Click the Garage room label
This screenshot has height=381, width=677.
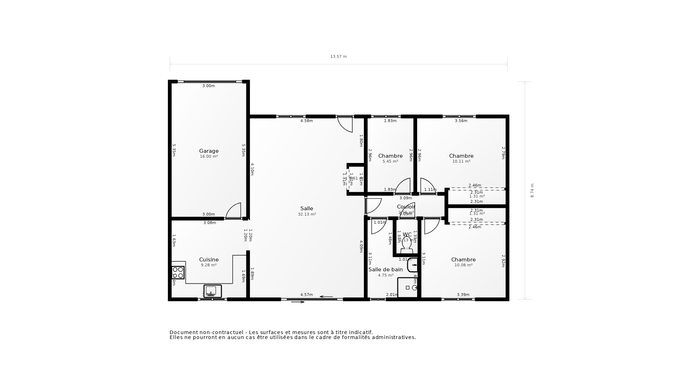[209, 151]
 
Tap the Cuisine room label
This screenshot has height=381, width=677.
[209, 260]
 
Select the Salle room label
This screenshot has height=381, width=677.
[307, 208]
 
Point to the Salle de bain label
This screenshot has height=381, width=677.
[385, 270]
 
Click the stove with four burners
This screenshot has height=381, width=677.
[178, 272]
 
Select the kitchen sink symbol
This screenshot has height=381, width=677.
[212, 291]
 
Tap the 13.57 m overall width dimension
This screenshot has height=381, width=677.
[338, 56]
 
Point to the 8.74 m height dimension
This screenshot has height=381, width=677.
[532, 190]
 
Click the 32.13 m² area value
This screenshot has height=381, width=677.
[307, 214]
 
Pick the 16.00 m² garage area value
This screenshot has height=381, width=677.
[209, 156]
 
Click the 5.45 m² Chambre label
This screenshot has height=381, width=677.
[390, 156]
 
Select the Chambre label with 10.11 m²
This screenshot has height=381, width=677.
[461, 156]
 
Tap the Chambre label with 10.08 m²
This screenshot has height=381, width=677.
[463, 260]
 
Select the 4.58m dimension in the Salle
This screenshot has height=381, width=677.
[306, 121]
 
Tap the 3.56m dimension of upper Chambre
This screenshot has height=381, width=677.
[461, 121]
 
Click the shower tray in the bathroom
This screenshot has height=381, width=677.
[407, 288]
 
